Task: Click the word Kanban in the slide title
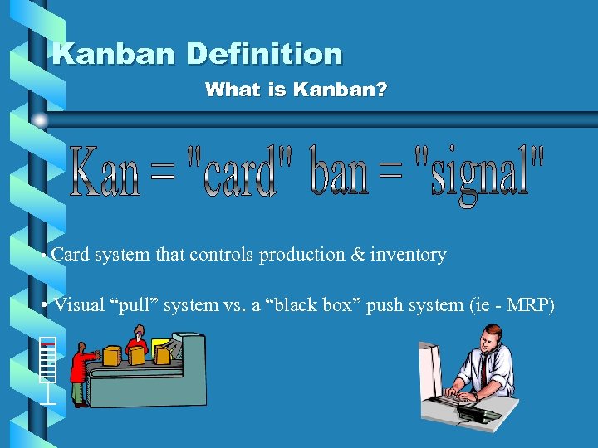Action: (114, 54)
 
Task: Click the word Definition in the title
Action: (264, 54)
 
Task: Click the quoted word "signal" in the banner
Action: (479, 174)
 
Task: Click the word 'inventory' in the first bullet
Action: (408, 255)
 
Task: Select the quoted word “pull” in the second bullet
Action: (138, 305)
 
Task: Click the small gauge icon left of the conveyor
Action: (49, 369)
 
